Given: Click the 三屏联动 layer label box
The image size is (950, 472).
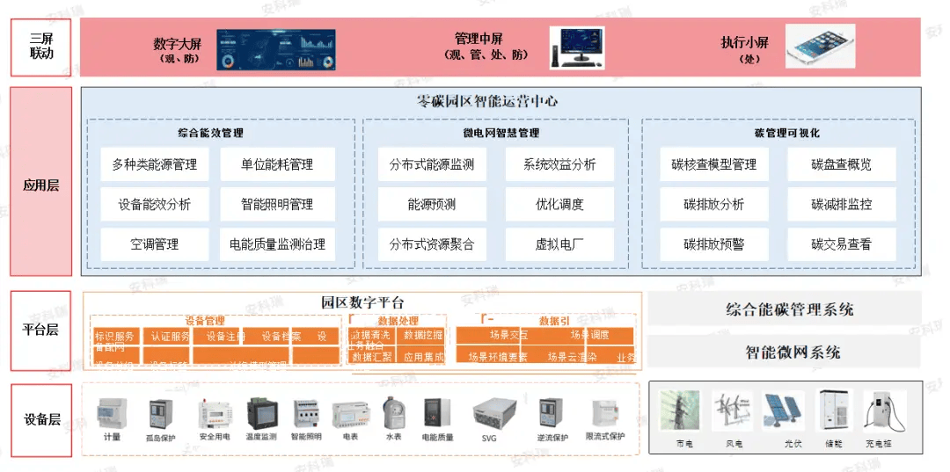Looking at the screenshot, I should click(x=41, y=46).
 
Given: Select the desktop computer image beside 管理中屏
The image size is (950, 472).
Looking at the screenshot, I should click(x=577, y=47).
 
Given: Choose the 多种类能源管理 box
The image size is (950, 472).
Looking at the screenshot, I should click(x=154, y=164).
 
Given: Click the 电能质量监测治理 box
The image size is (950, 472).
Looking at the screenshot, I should click(x=277, y=244).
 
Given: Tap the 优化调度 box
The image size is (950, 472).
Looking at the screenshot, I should click(x=559, y=205).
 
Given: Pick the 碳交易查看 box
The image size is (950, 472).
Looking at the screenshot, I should click(x=841, y=244).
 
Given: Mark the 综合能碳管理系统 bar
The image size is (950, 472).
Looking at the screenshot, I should click(x=789, y=309).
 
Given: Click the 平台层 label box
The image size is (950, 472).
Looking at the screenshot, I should click(x=41, y=330).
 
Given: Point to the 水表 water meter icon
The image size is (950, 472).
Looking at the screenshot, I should click(x=393, y=412).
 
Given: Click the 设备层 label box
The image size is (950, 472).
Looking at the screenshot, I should click(x=41, y=420).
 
